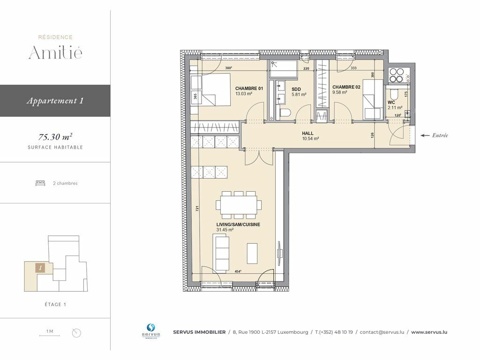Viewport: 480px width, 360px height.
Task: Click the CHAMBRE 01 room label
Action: (x=249, y=89)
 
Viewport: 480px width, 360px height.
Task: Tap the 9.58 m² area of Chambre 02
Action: (x=339, y=92)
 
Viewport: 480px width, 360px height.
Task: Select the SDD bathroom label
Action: (x=296, y=90)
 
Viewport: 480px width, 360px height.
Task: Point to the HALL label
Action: (x=307, y=134)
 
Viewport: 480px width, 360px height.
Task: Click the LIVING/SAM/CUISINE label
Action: (x=238, y=225)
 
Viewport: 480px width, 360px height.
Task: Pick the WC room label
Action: (x=391, y=103)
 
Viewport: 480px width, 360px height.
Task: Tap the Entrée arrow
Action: (x=425, y=135)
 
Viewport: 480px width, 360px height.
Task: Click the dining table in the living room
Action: (x=239, y=205)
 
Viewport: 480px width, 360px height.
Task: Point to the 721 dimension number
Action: (x=197, y=208)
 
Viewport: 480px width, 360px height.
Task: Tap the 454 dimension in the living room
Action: (x=238, y=271)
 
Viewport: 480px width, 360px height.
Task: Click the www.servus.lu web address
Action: (x=429, y=332)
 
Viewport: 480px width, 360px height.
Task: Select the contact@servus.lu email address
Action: (x=382, y=332)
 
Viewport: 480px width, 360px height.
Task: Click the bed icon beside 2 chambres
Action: (x=40, y=183)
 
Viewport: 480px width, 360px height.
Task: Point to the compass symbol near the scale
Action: (x=76, y=333)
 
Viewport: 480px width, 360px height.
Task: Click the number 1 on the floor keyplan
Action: (x=40, y=268)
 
